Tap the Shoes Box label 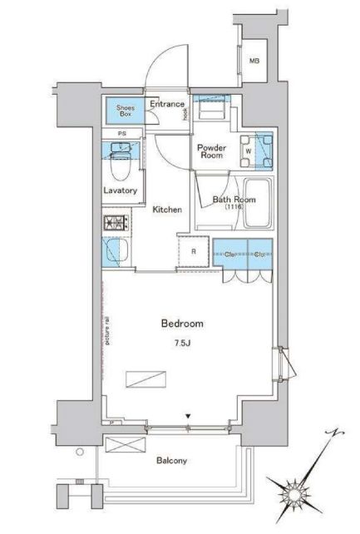coord(121,110)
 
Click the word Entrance coord(167,104)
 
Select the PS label coord(121,135)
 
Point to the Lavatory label coord(119,190)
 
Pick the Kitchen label coord(167,210)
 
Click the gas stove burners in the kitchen coord(114,223)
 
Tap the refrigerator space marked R coord(193,251)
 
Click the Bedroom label coord(181,323)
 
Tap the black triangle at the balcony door coord(190,417)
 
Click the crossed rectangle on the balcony coord(122,446)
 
